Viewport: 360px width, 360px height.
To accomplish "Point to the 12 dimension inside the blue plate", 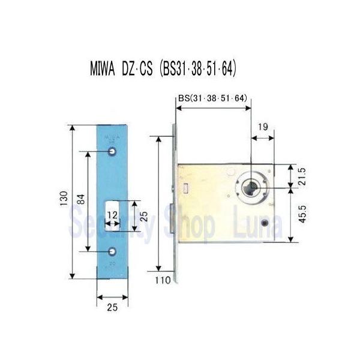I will pos(111,215).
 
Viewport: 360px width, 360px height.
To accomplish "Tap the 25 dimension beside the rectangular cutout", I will pos(143,216).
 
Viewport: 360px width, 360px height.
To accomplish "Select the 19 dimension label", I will pos(262,127).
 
